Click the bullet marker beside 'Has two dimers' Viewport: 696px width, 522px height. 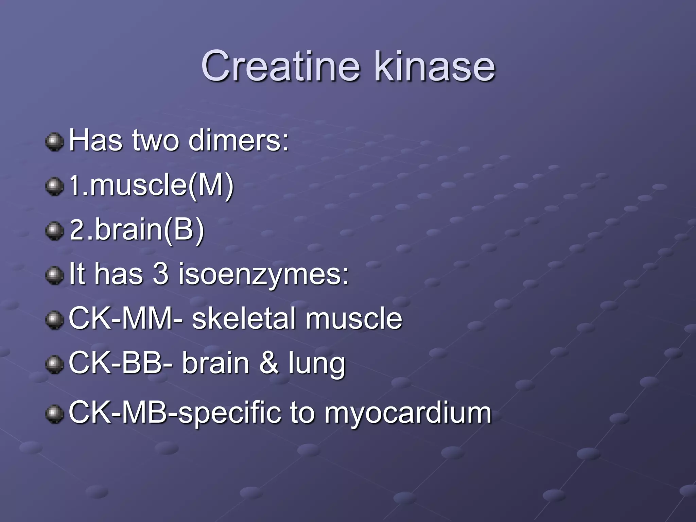pyautogui.click(x=54, y=142)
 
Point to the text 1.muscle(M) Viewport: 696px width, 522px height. pyautogui.click(x=152, y=186)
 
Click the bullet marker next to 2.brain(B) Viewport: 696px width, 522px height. pyautogui.click(x=54, y=231)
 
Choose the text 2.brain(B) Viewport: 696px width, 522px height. pyautogui.click(x=137, y=230)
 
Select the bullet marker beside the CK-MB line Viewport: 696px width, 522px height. pyautogui.click(x=54, y=414)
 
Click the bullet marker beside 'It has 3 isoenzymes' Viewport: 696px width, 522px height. pyautogui.click(x=54, y=275)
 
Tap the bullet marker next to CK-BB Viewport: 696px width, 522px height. pyautogui.click(x=54, y=364)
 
